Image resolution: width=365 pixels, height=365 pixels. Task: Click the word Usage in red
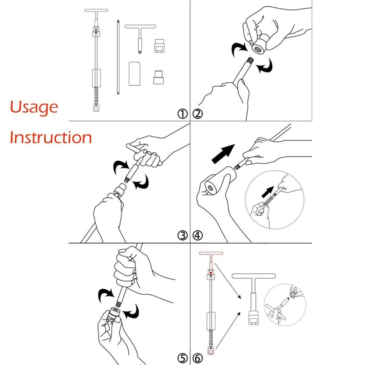[34, 107]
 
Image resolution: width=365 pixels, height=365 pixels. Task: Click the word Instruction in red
[51, 138]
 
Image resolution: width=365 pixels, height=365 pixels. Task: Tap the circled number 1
[182, 114]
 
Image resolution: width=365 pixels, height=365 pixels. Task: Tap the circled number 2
[198, 114]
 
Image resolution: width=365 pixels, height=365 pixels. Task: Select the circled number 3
[182, 235]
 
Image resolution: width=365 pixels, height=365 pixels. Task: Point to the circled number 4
[198, 235]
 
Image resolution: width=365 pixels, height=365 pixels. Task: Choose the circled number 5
[182, 358]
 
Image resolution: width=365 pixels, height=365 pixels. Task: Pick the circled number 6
[198, 358]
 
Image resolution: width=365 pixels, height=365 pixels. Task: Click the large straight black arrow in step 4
[223, 154]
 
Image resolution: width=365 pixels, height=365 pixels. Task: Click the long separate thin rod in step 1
[118, 57]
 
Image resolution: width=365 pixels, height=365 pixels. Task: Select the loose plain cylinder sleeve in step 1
[135, 74]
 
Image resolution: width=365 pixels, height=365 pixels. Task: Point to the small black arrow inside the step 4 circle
[268, 192]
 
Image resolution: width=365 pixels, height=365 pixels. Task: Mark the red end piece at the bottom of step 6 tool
[211, 350]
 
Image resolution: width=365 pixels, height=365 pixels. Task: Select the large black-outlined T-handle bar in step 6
[254, 276]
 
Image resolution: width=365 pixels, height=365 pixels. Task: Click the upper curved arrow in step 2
[239, 49]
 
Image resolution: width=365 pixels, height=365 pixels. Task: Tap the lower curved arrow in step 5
[131, 312]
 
